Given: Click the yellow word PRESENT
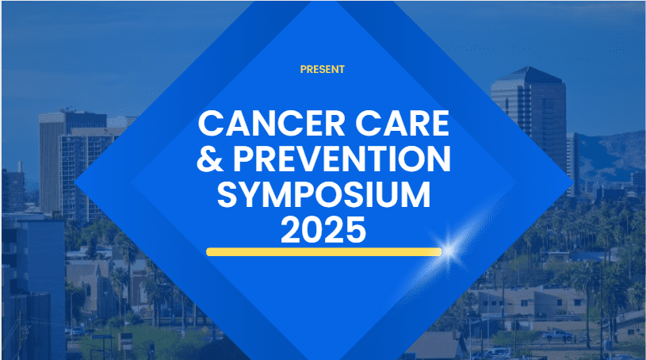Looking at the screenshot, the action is (322, 69).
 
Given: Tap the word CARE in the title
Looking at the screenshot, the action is (402, 123).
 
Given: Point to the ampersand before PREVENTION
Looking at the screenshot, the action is (210, 159).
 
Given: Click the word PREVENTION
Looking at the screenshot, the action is (342, 159).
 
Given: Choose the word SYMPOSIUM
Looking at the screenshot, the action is (324, 194).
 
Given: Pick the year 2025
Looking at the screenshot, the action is (323, 230).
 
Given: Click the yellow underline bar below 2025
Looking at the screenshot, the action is (324, 252).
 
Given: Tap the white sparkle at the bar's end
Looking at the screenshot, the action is (449, 251).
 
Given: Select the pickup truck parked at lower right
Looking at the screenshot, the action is (558, 335).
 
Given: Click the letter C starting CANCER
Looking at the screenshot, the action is (211, 123).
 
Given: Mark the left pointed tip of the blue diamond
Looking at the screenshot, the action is (75, 182).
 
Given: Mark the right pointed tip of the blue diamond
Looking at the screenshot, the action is (573, 182).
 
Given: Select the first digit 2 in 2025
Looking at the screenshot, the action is (291, 230).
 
